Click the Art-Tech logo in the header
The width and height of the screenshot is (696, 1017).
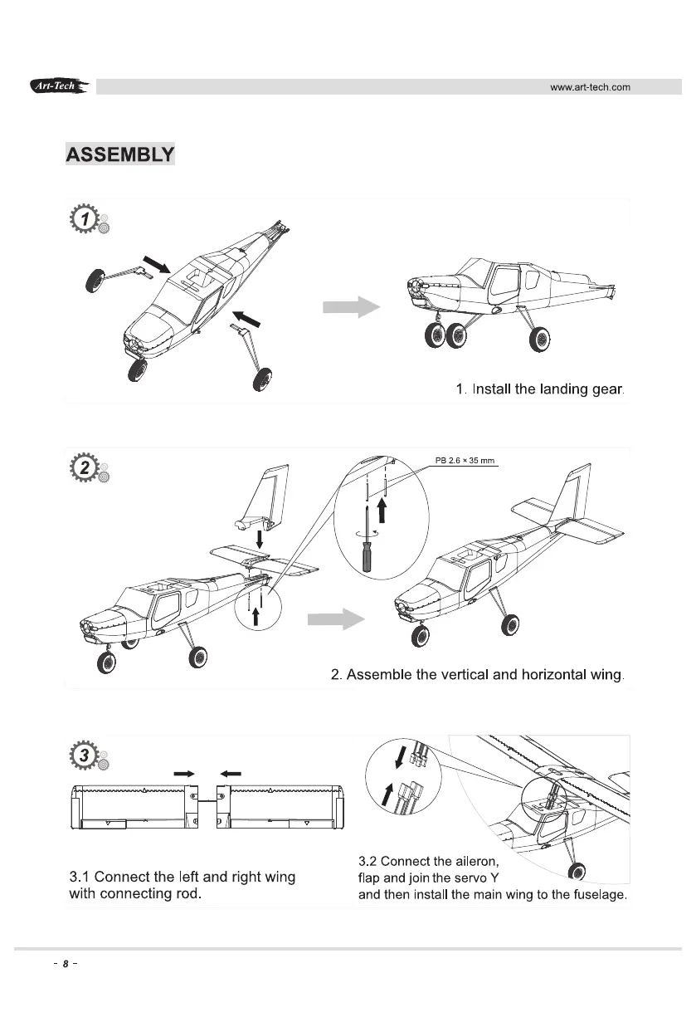[59, 86]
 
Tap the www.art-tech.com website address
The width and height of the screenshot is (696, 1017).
[591, 87]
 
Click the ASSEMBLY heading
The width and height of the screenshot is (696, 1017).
[119, 155]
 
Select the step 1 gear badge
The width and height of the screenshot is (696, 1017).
[85, 219]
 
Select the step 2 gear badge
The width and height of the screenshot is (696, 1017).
[85, 467]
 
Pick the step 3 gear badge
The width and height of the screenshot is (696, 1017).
[85, 755]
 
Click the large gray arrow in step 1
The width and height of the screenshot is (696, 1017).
[350, 306]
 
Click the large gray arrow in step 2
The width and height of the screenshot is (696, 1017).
[335, 619]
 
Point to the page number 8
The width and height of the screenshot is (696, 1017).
[64, 965]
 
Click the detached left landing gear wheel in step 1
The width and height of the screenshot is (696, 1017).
[96, 278]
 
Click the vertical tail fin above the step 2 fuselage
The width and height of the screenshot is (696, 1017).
[268, 495]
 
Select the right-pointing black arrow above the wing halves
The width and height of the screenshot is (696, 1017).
[183, 773]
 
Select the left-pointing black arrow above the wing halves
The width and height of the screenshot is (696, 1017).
[231, 773]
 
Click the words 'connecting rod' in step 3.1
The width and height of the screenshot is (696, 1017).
[157, 895]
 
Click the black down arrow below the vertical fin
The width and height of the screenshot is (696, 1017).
[260, 549]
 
